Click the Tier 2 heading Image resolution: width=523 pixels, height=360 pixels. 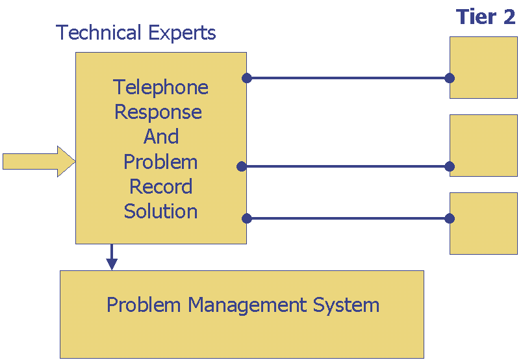(485, 17)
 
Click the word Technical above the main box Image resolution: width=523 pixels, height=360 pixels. (98, 32)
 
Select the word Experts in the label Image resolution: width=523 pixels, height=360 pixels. (182, 33)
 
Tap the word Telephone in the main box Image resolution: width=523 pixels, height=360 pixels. (160, 88)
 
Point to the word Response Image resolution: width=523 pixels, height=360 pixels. (158, 112)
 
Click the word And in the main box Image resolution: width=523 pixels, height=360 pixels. (161, 136)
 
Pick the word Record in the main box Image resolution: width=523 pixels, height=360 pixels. (160, 186)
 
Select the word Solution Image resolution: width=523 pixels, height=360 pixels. (160, 211)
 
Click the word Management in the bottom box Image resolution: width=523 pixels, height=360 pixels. (247, 305)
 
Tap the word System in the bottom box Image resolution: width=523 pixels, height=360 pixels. (346, 305)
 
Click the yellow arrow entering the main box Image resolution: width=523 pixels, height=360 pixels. (39, 162)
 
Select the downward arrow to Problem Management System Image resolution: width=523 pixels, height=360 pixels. (112, 257)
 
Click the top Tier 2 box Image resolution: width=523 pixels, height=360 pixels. (483, 68)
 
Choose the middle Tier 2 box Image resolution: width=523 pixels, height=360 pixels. (483, 146)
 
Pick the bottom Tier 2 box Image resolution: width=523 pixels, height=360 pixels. (483, 224)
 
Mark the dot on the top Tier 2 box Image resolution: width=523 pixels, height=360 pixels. (450, 78)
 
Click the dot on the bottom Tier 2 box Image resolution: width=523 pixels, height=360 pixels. (450, 218)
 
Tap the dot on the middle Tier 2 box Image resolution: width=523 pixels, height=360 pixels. (450, 166)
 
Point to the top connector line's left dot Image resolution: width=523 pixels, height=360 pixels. (246, 78)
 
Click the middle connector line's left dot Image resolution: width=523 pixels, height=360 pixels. (242, 166)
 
